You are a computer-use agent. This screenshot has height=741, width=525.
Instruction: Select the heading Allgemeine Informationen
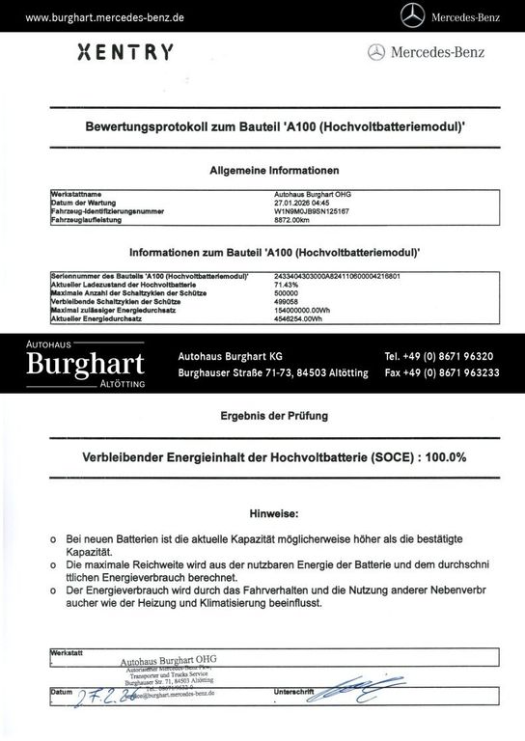[x=274, y=169]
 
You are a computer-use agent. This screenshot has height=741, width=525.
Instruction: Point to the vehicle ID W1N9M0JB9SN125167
[x=310, y=209]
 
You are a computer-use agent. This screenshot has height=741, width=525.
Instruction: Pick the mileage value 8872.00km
[x=292, y=218]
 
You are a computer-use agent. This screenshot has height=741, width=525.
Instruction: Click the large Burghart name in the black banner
[x=86, y=363]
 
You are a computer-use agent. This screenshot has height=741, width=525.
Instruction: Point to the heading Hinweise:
[x=274, y=515]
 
